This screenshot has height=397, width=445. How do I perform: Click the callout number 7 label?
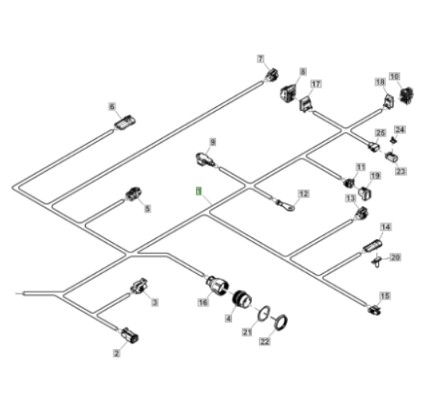pos(261,59)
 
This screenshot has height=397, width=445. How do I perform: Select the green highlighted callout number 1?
pos(199,191)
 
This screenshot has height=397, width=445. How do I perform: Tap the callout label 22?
pos(265,341)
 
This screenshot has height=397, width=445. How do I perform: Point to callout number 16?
pos(203,303)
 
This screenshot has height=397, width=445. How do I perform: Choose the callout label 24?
pos(400,129)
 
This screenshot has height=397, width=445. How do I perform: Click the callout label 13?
pos(350,198)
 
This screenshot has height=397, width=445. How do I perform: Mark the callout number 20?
pos(396,257)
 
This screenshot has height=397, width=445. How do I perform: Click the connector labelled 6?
pos(125,123)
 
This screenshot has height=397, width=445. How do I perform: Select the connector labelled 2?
pos(130,334)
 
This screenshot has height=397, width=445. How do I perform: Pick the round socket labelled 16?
pos(217,285)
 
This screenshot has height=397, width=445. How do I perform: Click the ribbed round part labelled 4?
pos(242,300)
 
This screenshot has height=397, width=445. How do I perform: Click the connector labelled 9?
pos(204,159)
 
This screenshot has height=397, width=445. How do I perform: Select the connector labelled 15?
pos(375,310)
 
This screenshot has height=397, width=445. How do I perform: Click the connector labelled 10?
pos(406,95)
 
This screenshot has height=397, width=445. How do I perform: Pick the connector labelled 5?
pos(133,194)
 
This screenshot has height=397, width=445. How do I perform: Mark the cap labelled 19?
pos(365,193)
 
